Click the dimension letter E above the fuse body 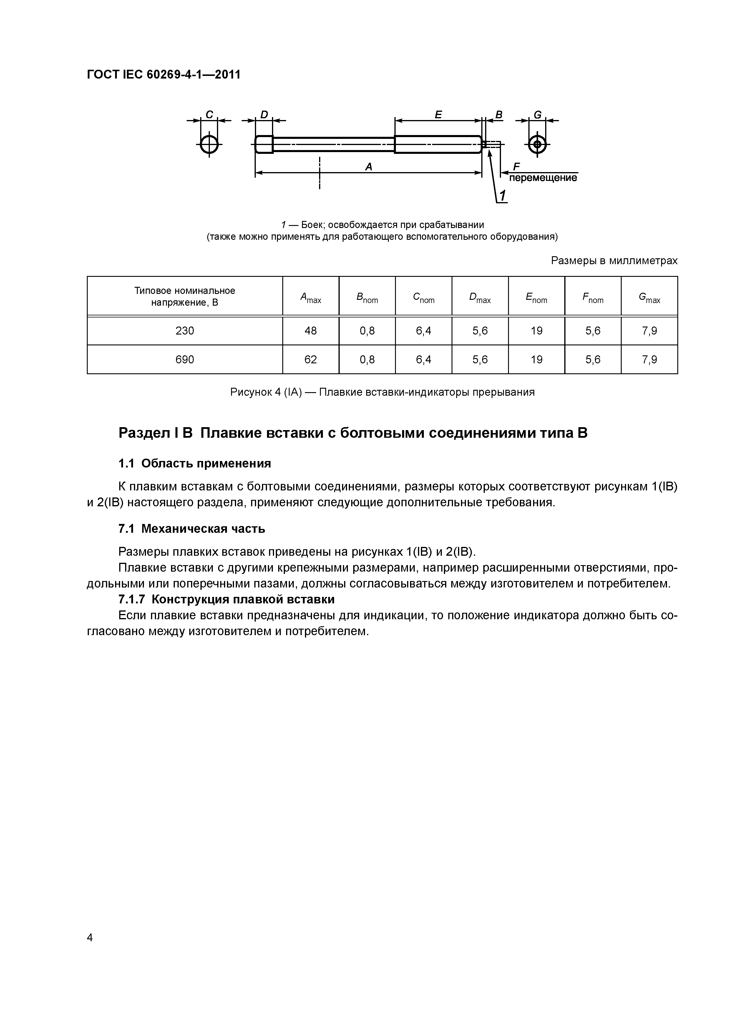[438, 115]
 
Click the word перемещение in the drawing [543, 178]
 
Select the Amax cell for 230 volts [310, 331]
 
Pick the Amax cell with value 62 [310, 359]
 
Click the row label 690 [184, 359]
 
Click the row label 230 [184, 331]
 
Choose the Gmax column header [649, 297]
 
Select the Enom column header [536, 297]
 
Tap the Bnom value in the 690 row [367, 359]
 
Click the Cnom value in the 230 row [423, 331]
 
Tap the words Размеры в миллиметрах [614, 261]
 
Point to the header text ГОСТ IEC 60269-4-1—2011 [164, 75]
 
